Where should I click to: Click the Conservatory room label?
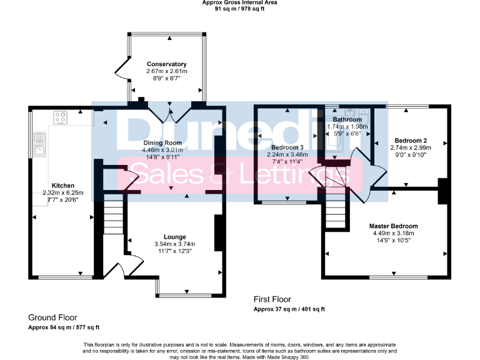pos(166,64)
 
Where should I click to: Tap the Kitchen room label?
pos(63,186)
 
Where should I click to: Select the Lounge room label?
pos(174,236)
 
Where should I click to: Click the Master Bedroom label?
pos(393,226)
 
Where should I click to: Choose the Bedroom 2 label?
pos(411,140)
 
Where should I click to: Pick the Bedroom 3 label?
pos(288,147)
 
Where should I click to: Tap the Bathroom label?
pos(347,119)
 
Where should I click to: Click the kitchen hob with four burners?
pos(61,117)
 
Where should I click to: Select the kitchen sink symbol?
pos(40,144)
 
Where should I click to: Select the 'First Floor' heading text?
pos(272,299)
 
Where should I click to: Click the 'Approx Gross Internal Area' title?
pos(239,2)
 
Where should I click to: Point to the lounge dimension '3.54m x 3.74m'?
pos(174,244)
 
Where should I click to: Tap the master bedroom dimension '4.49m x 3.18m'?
pos(393,233)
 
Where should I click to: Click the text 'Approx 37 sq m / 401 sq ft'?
pos(289,309)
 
